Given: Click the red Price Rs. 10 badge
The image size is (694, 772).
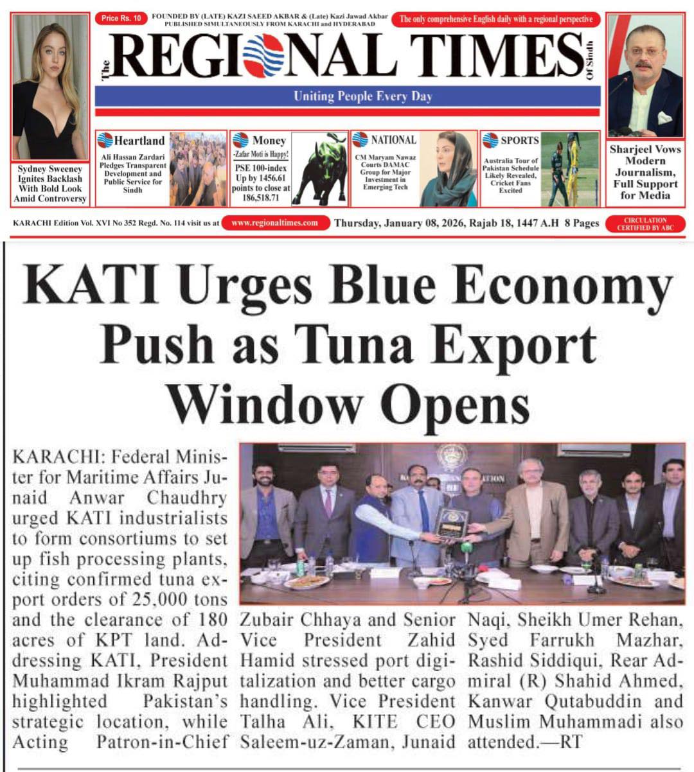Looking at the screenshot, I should pos(121,19).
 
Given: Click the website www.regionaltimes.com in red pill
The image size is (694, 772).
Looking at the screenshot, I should pos(274,223).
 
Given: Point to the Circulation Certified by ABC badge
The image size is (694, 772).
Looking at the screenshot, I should pos(645,224).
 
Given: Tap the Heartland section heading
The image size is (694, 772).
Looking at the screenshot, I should pos(139,140).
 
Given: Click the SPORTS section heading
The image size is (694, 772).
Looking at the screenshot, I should pos(519,140).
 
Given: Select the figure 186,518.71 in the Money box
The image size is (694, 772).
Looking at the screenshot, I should pos(261,198).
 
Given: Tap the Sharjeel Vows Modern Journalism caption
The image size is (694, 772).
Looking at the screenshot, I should pos(645,171).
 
